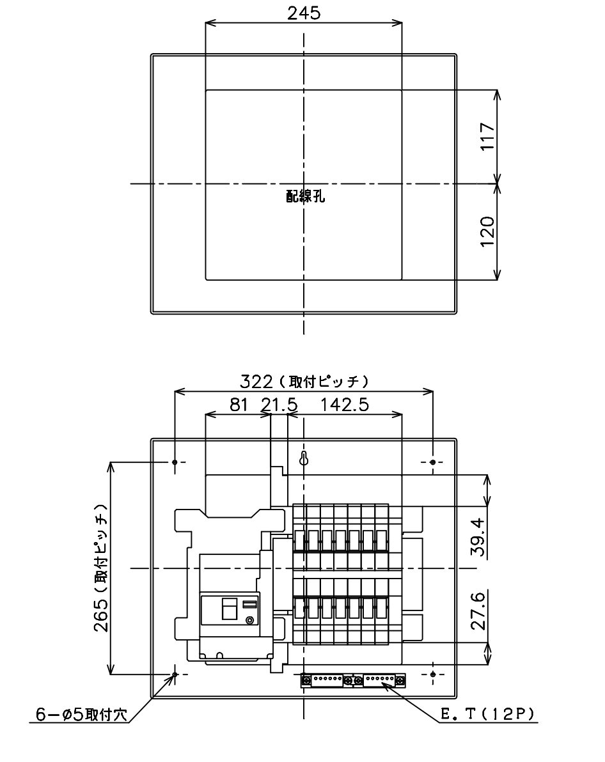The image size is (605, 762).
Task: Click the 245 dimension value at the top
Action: point(304,13)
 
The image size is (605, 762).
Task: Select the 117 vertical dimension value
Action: point(488,137)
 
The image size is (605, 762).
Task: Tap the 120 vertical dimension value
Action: point(488,232)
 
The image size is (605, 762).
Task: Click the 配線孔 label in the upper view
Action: point(306,196)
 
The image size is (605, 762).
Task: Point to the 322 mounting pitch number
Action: point(256,382)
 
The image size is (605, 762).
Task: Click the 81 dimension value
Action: point(239,404)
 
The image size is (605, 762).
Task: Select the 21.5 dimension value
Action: point(279,404)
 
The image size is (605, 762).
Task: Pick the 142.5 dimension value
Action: point(344,404)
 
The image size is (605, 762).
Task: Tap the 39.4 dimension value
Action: point(478,536)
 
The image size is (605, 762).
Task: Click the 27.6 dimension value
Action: point(478,611)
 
